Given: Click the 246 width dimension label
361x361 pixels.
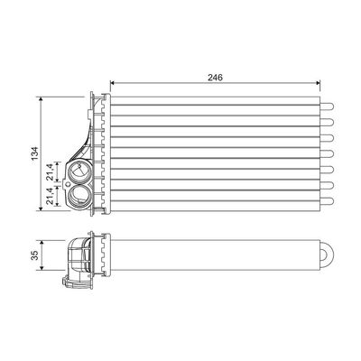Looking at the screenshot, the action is coord(215,78).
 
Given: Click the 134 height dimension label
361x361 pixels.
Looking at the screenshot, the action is coord(35,153).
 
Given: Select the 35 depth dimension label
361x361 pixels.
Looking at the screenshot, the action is coord(35,255).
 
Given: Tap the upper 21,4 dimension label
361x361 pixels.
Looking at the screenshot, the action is coord(50,171).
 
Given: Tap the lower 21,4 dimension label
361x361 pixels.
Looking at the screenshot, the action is coord(50,196).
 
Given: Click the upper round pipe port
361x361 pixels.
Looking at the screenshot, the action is coord(79,171).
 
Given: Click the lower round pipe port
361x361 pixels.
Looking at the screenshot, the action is coord(79,194).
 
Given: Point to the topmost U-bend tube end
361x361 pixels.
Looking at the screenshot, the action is coord(328,106).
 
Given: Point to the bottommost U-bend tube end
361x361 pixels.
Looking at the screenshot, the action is coord(328,201).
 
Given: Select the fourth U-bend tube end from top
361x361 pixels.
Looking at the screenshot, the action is coord(328,153).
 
